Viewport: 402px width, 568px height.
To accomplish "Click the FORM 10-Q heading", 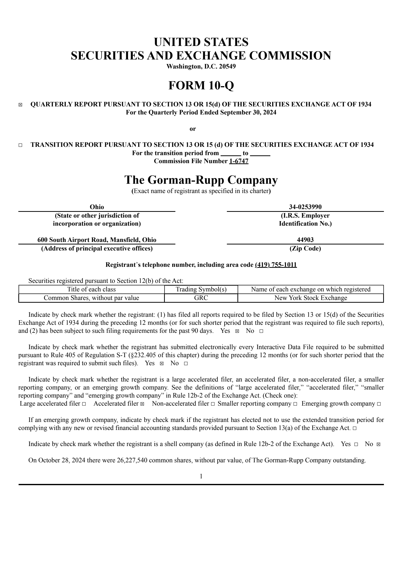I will (x=201, y=85).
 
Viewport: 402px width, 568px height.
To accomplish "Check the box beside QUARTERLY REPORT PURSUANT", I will (x=20, y=105).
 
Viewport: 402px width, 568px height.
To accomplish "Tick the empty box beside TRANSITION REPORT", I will (x=20, y=145).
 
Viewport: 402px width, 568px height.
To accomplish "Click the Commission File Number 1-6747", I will (x=238, y=161).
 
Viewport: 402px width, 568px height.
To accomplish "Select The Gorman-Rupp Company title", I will (x=201, y=180).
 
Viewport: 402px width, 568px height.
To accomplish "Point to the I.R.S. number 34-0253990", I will (x=305, y=207).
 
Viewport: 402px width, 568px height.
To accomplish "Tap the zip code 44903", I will (x=305, y=240).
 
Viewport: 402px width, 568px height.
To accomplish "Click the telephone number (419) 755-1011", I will (x=276, y=265).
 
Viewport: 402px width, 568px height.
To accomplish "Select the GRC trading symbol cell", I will (x=201, y=298).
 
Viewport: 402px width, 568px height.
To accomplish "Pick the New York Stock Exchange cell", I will (x=311, y=298).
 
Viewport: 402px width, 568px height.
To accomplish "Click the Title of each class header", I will (x=91, y=289).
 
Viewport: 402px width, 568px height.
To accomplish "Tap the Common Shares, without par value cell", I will (x=91, y=298).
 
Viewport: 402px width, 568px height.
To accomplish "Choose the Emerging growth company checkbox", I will (x=379, y=404).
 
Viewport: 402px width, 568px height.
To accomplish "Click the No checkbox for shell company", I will (x=379, y=444).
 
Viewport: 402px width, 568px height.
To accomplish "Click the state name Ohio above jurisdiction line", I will (x=97, y=207).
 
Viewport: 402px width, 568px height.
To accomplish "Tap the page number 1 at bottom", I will (x=201, y=476).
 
